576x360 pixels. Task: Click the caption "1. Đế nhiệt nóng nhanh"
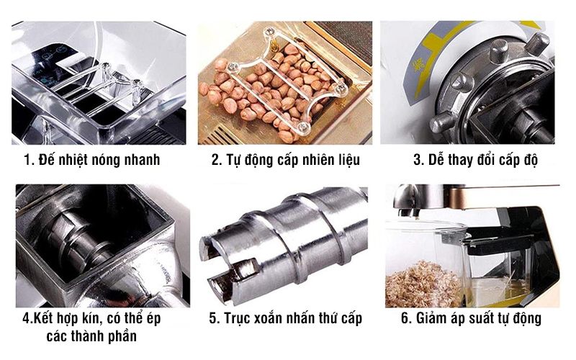[x=91, y=160]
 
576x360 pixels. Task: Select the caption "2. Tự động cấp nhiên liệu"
[x=285, y=160]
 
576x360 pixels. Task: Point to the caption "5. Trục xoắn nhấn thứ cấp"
[x=285, y=318]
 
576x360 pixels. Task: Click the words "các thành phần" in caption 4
[x=91, y=336]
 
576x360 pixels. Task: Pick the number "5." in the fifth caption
[x=213, y=318]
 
